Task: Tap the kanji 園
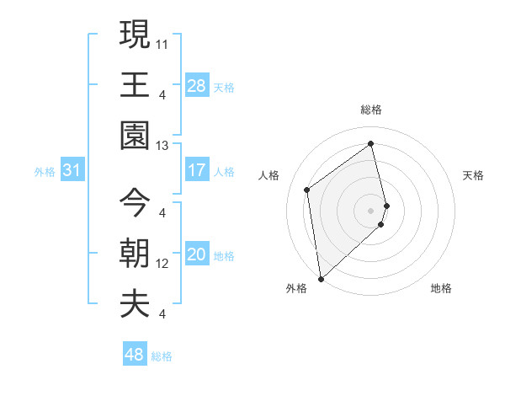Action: click(135, 136)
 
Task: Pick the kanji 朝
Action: click(135, 254)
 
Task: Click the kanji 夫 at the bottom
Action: click(135, 304)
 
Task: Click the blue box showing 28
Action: click(197, 85)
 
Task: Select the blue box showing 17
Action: click(197, 170)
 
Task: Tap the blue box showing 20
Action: click(197, 255)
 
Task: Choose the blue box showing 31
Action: click(72, 170)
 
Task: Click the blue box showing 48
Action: click(135, 355)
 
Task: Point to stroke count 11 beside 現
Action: click(162, 42)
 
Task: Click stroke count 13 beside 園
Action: click(162, 145)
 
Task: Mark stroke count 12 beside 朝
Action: click(162, 264)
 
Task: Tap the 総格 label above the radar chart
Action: click(371, 110)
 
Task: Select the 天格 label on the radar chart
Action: click(474, 175)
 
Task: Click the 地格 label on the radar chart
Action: click(441, 289)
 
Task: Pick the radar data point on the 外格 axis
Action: click(321, 278)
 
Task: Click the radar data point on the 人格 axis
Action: click(307, 190)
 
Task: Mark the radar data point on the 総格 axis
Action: click(371, 143)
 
